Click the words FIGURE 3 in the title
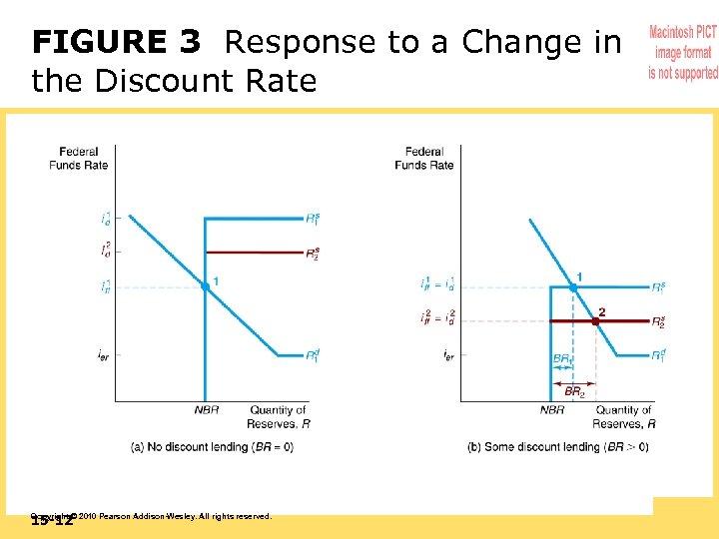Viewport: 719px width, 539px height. (116, 43)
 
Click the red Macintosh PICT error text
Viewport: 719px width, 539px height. (683, 53)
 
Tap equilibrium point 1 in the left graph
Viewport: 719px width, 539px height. (205, 286)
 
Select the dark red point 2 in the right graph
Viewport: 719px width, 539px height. (597, 320)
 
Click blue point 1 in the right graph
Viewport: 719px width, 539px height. (573, 287)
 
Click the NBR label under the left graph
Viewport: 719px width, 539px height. (206, 410)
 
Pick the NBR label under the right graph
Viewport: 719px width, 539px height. (552, 410)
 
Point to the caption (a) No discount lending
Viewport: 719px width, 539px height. (212, 447)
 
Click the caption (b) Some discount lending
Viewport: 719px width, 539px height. (557, 447)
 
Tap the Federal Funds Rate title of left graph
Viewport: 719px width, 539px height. (78, 158)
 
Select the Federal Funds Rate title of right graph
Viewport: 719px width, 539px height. (423, 158)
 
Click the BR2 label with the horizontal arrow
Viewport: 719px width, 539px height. (574, 392)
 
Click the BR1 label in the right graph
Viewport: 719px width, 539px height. (562, 358)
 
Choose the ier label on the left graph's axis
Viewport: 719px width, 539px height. (103, 355)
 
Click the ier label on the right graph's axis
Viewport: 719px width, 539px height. (448, 355)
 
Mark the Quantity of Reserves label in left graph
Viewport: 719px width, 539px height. (279, 416)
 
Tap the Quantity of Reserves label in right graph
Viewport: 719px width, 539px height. (624, 416)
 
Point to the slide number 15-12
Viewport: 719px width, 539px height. (52, 521)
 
